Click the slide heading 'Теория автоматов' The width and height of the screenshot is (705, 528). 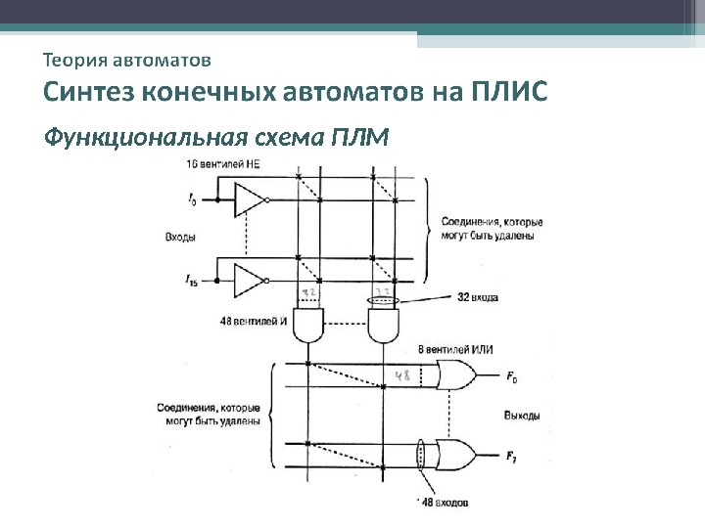126,61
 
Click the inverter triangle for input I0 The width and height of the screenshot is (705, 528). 250,200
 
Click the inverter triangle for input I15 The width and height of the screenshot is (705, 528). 250,281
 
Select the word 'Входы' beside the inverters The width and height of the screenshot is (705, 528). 179,239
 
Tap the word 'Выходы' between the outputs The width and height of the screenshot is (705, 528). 522,416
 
